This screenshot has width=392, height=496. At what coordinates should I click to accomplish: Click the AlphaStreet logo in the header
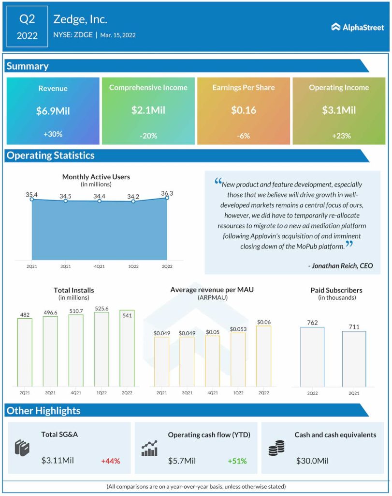click(357, 27)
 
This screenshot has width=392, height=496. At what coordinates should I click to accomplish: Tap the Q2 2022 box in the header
click(28, 27)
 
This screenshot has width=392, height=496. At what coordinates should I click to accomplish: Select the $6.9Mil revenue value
click(53, 111)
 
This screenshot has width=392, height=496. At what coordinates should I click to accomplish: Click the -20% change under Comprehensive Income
click(148, 136)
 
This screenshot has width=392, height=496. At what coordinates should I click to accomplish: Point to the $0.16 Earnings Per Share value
click(244, 110)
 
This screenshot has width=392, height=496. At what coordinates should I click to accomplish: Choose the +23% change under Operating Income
click(339, 136)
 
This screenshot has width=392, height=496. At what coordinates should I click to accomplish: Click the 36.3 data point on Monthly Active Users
click(167, 198)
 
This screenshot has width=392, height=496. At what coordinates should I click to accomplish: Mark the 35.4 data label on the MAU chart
click(32, 194)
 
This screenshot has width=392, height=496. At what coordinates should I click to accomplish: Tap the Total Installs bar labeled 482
click(25, 352)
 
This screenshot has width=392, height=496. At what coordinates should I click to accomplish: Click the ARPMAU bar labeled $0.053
click(238, 359)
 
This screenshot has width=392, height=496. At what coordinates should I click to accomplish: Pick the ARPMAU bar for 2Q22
click(263, 356)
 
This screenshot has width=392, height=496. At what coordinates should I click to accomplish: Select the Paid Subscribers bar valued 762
click(312, 356)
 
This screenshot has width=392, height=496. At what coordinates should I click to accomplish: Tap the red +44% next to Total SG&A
click(110, 461)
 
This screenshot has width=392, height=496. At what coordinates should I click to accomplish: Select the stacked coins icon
click(276, 448)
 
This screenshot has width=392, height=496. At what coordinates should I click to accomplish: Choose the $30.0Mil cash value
click(312, 461)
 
